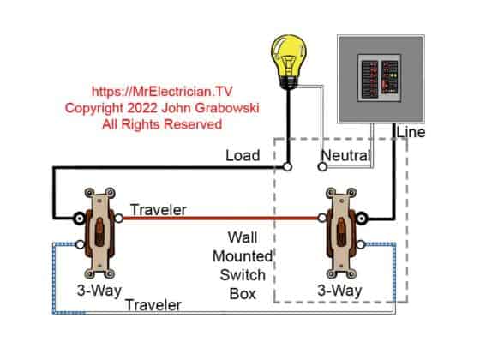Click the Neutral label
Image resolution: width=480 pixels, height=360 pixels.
[345, 156]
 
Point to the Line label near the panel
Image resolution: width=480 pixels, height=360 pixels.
[411, 132]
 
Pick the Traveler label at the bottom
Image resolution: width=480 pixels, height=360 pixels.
[153, 305]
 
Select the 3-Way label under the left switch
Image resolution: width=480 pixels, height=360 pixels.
[97, 290]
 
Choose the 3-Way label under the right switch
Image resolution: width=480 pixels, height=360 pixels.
[340, 290]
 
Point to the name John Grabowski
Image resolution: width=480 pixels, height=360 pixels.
[213, 107]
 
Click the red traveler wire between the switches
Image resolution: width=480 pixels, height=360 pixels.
[223, 218]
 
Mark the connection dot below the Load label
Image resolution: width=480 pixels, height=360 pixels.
[288, 167]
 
